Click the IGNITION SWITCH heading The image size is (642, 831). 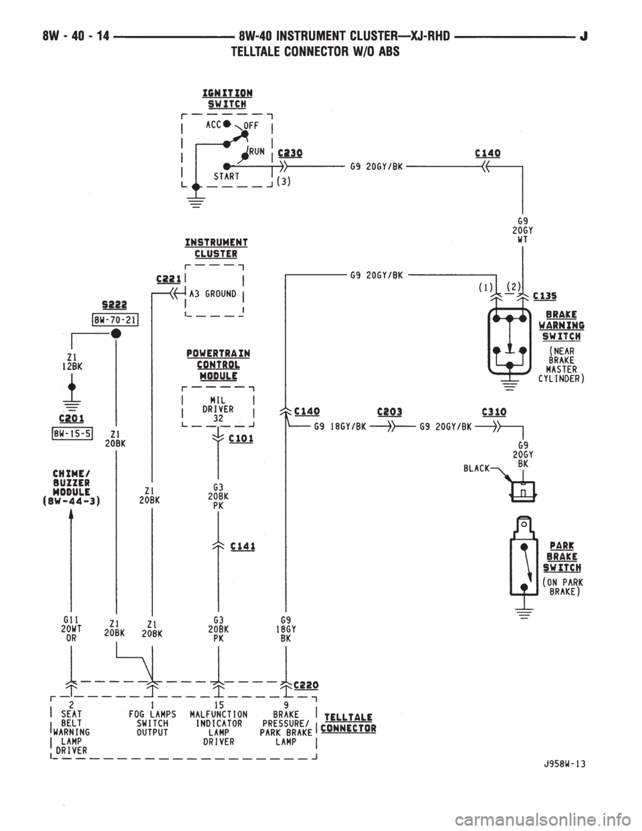pyautogui.click(x=227, y=98)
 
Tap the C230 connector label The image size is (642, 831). pyautogui.click(x=290, y=153)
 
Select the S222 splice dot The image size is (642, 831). pyautogui.click(x=116, y=333)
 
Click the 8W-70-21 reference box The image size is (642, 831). pyautogui.click(x=115, y=319)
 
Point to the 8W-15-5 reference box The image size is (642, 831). pyautogui.click(x=73, y=434)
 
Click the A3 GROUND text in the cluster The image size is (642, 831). pyautogui.click(x=213, y=294)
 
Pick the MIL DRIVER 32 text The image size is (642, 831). pyautogui.click(x=218, y=409)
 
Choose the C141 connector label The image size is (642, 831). pyautogui.click(x=243, y=547)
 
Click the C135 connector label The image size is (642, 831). pyautogui.click(x=545, y=296)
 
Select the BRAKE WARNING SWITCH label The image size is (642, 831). pyautogui.click(x=561, y=325)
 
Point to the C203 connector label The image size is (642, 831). pyautogui.click(x=389, y=411)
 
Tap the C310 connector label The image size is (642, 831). pyautogui.click(x=494, y=411)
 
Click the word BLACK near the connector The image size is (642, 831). pyautogui.click(x=476, y=468)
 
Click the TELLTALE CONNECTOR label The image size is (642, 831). pyautogui.click(x=348, y=723)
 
